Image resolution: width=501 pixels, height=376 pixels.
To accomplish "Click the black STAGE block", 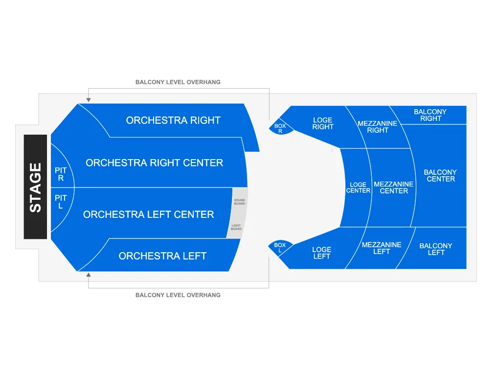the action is click(x=35, y=187).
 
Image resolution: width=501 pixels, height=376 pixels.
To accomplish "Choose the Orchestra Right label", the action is click(x=173, y=120).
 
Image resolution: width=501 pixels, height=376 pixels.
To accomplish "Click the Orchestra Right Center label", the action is click(x=154, y=163).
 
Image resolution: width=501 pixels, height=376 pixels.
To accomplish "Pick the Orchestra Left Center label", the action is click(x=149, y=214).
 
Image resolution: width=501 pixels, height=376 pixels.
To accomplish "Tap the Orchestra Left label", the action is click(x=162, y=256).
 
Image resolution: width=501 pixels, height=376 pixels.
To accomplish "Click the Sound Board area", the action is click(x=240, y=202).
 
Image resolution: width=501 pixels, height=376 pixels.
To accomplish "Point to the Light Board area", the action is click(x=236, y=227).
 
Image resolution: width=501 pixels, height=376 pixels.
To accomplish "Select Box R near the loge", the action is click(x=281, y=128).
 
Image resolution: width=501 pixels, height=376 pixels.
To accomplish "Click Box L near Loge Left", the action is click(x=280, y=247).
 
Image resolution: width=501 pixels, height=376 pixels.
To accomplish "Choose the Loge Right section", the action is click(x=323, y=125).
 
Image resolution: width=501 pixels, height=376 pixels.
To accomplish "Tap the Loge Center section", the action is click(x=357, y=188).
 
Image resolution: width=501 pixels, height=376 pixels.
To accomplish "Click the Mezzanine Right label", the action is click(x=378, y=127).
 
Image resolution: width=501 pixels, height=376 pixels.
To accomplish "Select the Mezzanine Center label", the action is click(x=394, y=188).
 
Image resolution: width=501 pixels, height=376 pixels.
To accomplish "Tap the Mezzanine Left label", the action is click(x=382, y=248).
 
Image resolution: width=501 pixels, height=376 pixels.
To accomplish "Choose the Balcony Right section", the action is click(x=430, y=115).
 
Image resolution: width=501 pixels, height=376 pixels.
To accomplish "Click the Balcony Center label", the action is click(x=440, y=176).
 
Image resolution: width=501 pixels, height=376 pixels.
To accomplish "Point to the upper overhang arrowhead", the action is click(x=89, y=100).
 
